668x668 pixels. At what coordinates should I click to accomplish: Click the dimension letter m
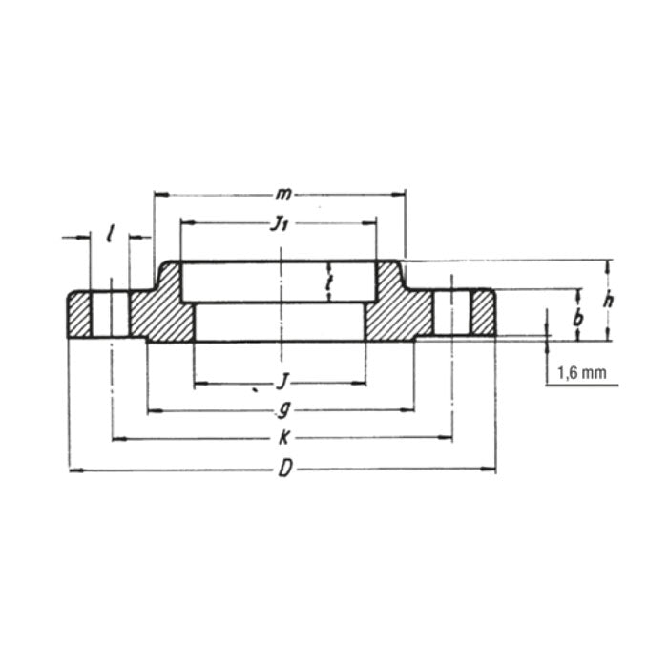(282, 195)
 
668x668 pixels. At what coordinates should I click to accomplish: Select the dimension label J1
(279, 225)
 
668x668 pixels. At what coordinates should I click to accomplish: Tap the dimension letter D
(282, 470)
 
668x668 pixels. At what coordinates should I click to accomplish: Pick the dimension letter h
(608, 300)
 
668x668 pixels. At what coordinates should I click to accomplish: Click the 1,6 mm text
(579, 374)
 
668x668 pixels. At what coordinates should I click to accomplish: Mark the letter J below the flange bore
(282, 384)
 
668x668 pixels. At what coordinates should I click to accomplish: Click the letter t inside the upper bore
(327, 282)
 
